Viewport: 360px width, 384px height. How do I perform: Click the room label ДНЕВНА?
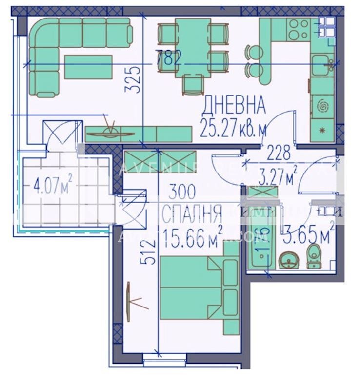point(234,105)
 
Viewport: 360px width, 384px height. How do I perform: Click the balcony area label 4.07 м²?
point(52,185)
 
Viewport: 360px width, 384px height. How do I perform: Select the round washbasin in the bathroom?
point(288,261)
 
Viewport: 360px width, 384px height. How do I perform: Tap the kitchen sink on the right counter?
point(322,64)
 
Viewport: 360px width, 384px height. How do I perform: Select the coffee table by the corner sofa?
point(88,67)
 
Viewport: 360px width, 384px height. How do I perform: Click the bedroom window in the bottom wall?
point(164,360)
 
